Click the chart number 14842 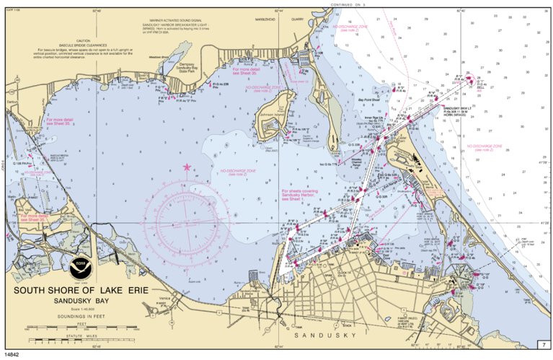pos(12,354)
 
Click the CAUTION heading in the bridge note pos(83,41)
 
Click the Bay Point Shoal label pos(370,101)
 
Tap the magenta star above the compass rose pos(187,167)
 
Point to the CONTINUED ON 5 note pos(346,4)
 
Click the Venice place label pos(165,297)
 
